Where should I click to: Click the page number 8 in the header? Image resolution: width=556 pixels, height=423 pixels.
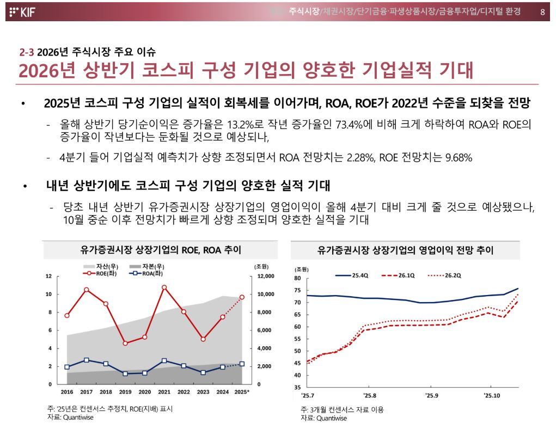point(542,11)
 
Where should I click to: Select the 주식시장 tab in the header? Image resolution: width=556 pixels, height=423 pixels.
point(304,11)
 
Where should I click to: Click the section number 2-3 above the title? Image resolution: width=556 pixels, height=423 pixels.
point(27,52)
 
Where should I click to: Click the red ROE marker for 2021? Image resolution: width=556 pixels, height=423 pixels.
point(164,287)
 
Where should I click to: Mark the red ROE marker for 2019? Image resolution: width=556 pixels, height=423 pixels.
point(125,343)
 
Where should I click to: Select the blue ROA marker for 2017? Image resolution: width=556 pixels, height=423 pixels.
point(87,360)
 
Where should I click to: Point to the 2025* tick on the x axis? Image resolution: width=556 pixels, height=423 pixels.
point(241,392)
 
